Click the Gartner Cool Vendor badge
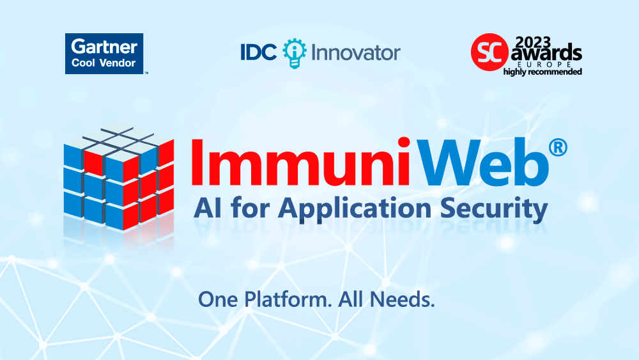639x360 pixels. (x=104, y=54)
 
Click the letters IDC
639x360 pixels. (x=258, y=52)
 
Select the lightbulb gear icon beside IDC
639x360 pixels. (x=294, y=53)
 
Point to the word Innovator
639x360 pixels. (x=356, y=53)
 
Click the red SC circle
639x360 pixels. (x=489, y=52)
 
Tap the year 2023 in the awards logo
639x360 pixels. (x=533, y=42)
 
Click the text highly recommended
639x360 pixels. (x=543, y=72)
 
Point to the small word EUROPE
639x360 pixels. (x=544, y=65)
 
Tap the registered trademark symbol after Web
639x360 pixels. (x=558, y=148)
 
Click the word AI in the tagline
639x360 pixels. (x=208, y=208)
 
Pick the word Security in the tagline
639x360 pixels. (x=494, y=208)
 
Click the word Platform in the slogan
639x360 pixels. (x=288, y=300)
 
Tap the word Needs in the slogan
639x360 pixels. (x=402, y=300)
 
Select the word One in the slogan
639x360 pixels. (x=218, y=300)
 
